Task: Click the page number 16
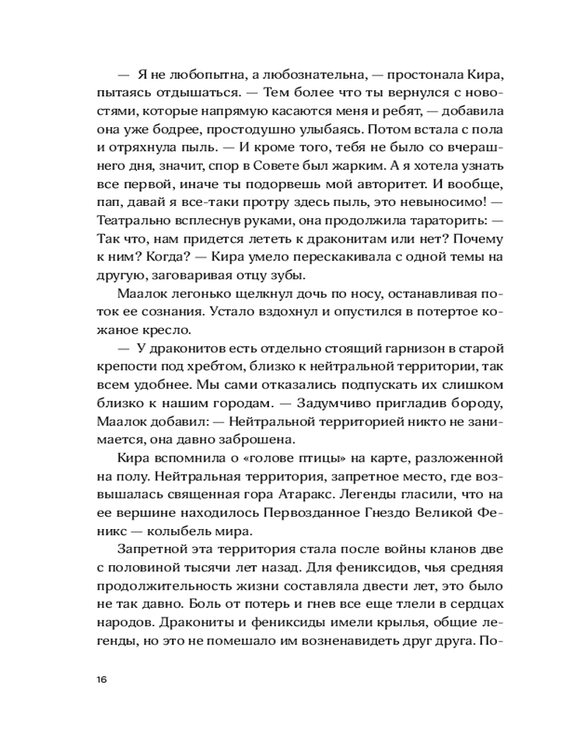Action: click(x=101, y=678)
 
